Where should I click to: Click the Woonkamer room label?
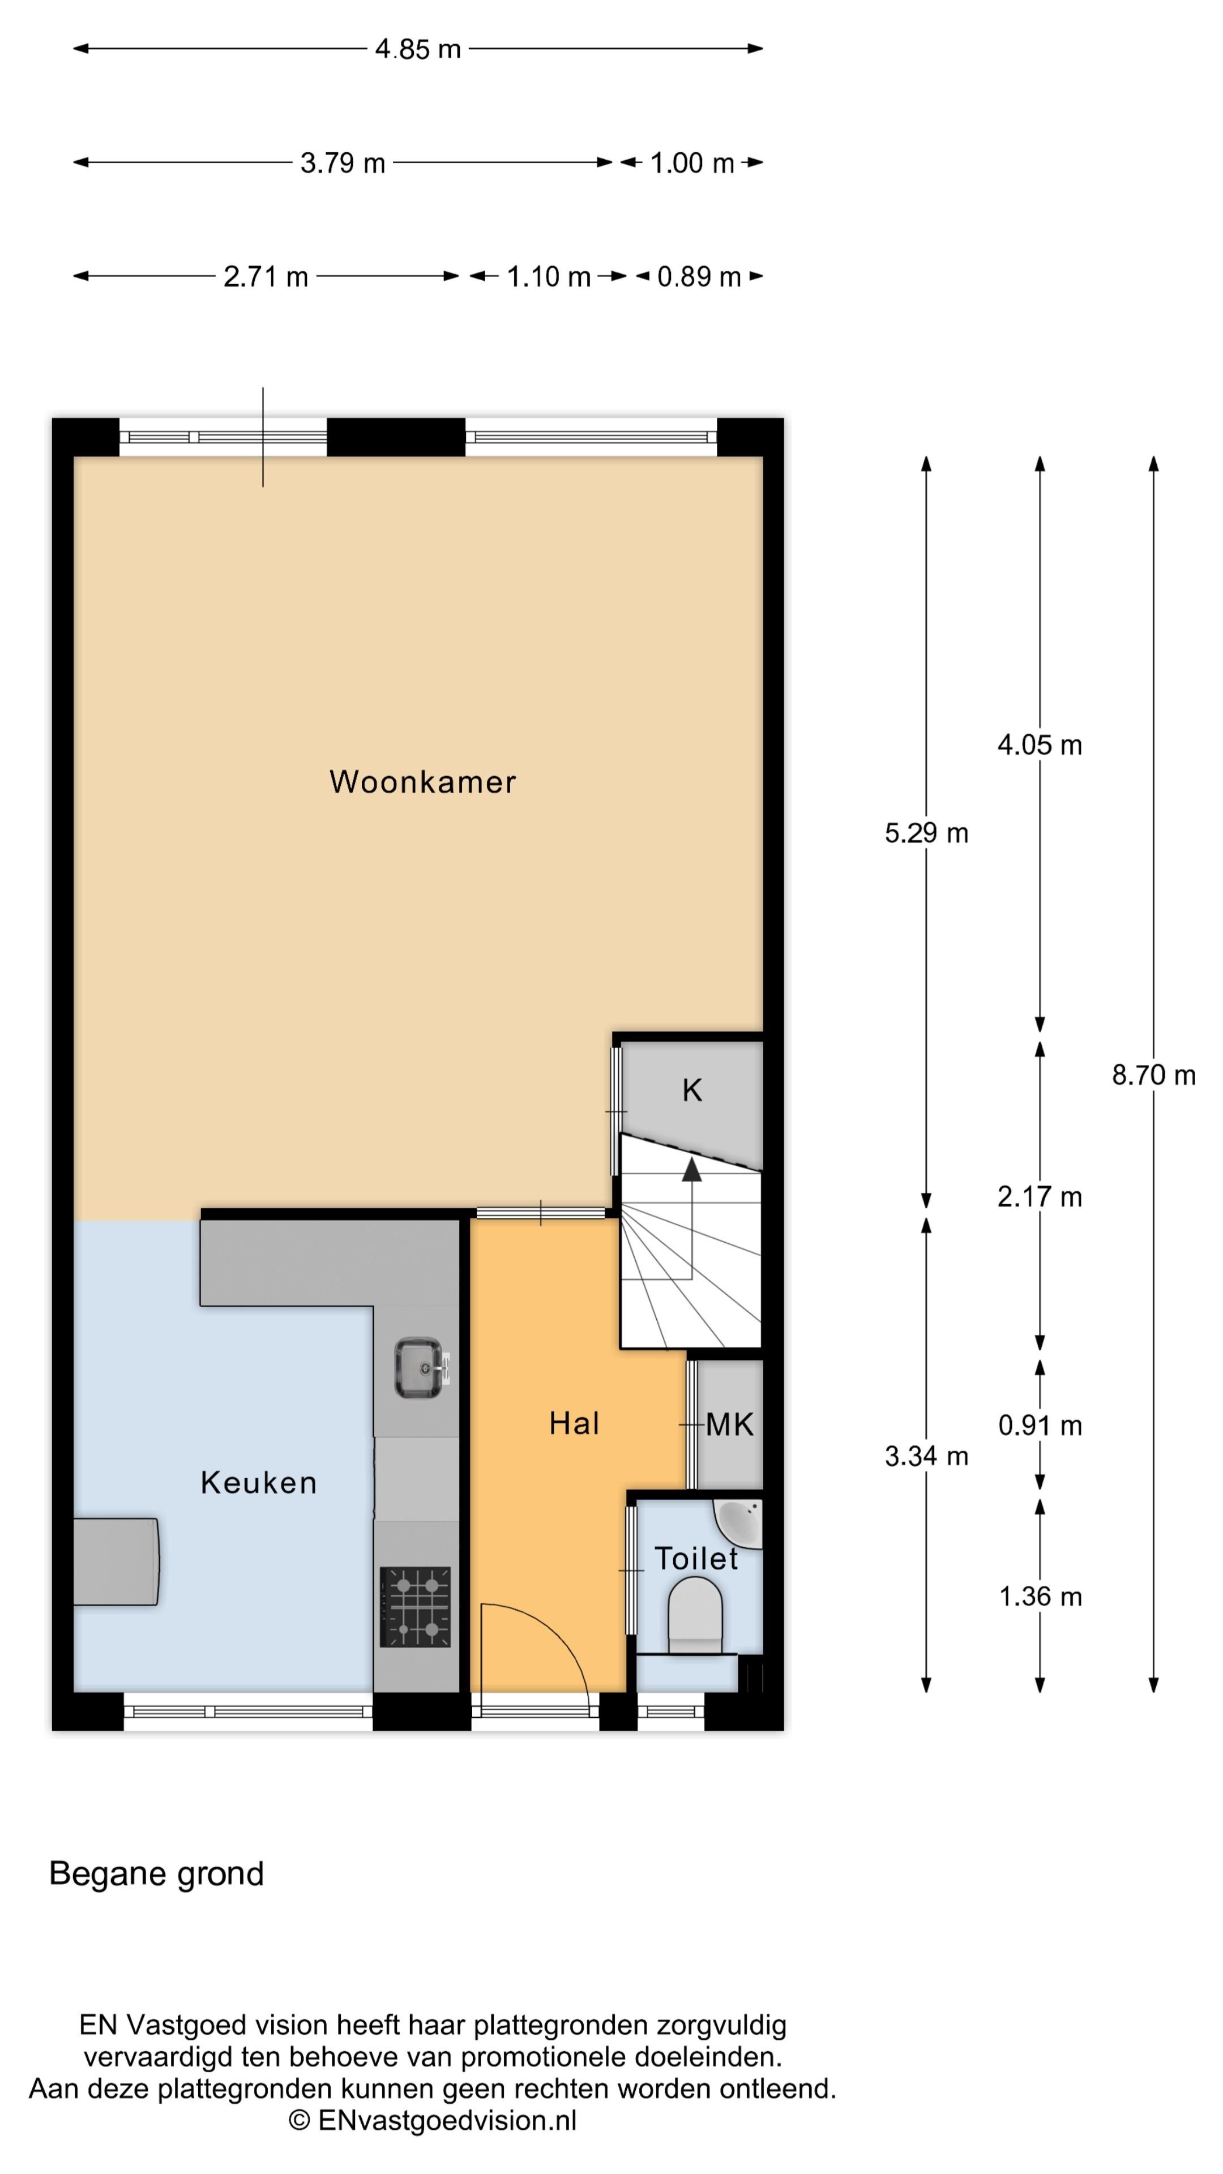click(x=422, y=782)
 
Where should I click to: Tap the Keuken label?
click(x=258, y=1482)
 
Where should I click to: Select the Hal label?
click(x=574, y=1424)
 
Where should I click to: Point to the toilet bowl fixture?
click(x=695, y=1615)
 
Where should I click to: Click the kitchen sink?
click(x=418, y=1367)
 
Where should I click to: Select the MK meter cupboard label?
click(x=729, y=1424)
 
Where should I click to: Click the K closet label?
click(x=692, y=1090)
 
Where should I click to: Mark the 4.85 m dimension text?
click(x=418, y=49)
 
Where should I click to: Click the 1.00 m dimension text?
click(x=692, y=163)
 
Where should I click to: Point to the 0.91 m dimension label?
click(x=1040, y=1426)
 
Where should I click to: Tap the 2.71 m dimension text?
click(x=266, y=277)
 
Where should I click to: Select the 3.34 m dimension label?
click(x=926, y=1456)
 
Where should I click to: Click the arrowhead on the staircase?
click(x=692, y=1169)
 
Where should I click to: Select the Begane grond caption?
click(x=157, y=1873)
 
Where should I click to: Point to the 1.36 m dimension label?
click(x=1040, y=1597)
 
